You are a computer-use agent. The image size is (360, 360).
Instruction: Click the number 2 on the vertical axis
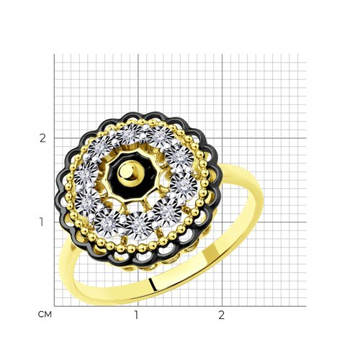(x=42, y=138)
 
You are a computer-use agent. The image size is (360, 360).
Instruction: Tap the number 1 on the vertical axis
(x=42, y=222)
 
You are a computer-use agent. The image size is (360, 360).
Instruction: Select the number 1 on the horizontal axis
(x=136, y=315)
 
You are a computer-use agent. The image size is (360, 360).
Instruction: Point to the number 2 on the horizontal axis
(x=221, y=315)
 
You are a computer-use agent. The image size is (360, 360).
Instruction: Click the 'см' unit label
(x=45, y=315)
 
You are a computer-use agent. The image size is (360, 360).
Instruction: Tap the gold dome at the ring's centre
(x=131, y=172)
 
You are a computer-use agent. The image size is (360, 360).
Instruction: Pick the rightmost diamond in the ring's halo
(x=184, y=186)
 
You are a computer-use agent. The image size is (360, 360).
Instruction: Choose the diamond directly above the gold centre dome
(x=128, y=135)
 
